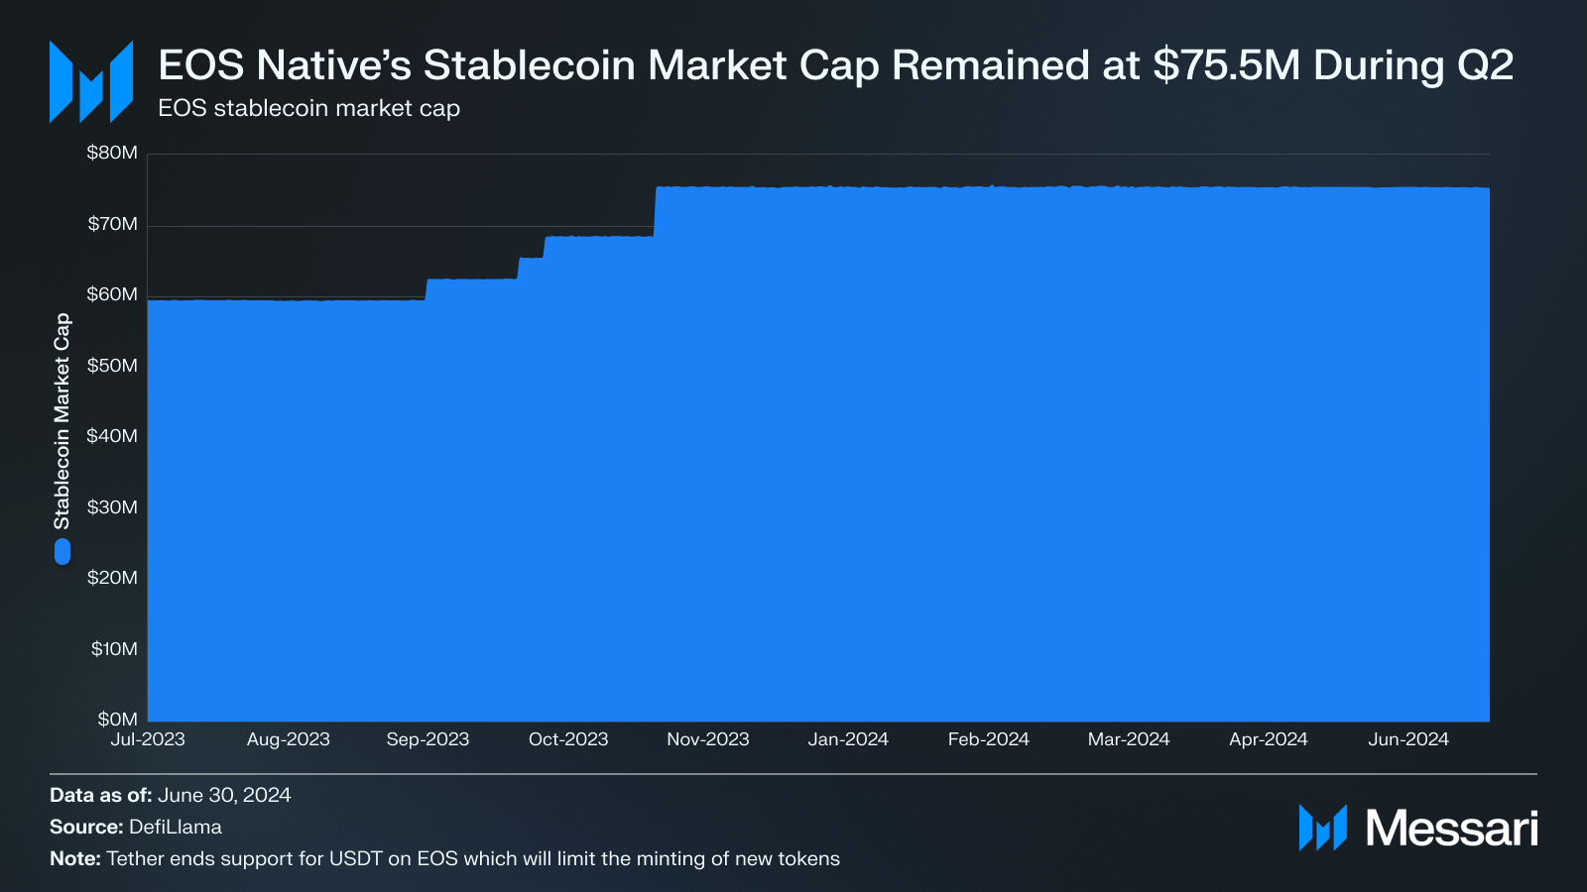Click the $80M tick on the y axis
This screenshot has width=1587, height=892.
[x=112, y=153]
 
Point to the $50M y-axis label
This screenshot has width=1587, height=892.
[x=112, y=366]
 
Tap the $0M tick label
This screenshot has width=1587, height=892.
[x=117, y=720]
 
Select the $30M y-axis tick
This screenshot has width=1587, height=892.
[x=112, y=507]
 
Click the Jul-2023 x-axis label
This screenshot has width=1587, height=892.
[x=148, y=739]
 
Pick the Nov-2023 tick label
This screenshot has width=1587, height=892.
[x=708, y=739]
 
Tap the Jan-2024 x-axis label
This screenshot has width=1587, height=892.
[x=848, y=739]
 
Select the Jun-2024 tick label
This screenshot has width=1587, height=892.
[x=1408, y=739]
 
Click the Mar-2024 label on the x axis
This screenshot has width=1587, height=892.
[x=1129, y=739]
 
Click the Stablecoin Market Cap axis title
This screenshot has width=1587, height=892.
[x=61, y=421]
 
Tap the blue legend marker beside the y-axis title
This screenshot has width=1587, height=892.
[x=62, y=551]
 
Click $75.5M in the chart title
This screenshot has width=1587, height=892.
[x=1226, y=65]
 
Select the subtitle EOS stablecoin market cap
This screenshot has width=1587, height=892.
[x=308, y=108]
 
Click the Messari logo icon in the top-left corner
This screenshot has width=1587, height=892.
[x=91, y=81]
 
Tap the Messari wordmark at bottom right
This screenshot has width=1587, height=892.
[x=1451, y=828]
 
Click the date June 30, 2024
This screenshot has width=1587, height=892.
[x=224, y=795]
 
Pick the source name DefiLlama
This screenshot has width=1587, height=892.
[x=176, y=827]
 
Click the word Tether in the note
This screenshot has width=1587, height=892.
[x=135, y=858]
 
